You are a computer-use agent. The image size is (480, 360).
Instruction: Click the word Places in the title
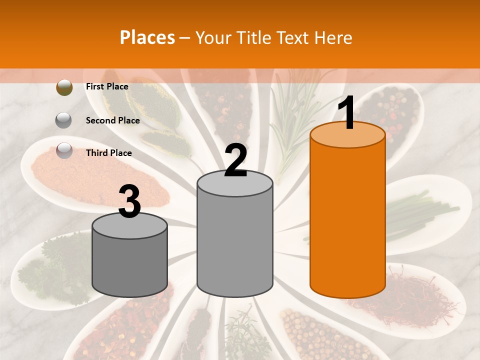click(x=147, y=37)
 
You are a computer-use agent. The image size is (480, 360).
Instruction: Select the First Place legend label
click(x=107, y=86)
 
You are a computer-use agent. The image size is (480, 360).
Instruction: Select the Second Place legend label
click(x=112, y=120)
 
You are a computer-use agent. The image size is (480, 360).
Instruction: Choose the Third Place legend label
click(x=108, y=153)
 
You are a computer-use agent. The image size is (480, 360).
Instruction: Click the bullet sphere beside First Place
click(x=64, y=87)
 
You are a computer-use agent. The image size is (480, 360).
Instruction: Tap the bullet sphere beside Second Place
click(x=64, y=120)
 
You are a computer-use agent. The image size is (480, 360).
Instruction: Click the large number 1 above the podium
click(x=347, y=113)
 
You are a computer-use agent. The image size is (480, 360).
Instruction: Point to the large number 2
click(x=236, y=160)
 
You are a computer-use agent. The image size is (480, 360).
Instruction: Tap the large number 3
click(x=130, y=202)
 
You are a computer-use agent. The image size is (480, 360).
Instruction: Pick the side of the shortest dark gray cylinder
click(x=130, y=265)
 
